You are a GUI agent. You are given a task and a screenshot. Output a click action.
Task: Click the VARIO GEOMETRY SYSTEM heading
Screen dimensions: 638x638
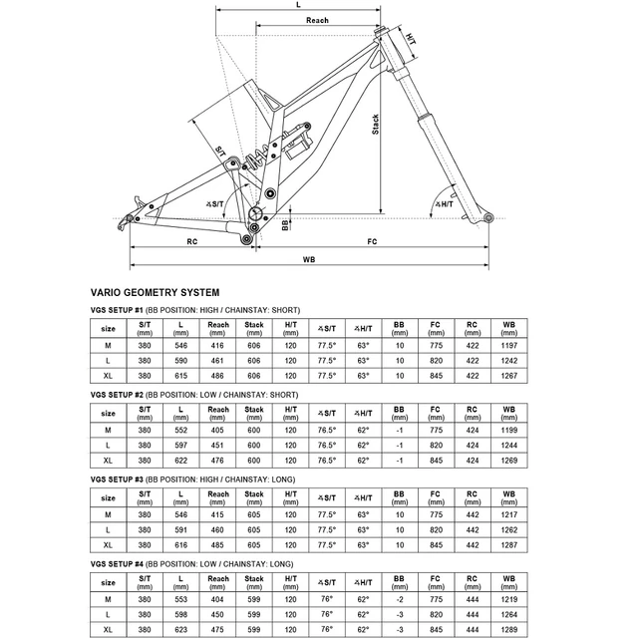pos(155,293)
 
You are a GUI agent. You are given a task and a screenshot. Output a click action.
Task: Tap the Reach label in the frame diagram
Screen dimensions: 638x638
pos(317,21)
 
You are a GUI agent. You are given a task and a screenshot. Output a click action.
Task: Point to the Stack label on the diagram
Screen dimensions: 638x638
pos(376,126)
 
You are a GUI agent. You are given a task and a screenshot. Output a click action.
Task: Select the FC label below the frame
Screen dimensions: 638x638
pos(372,241)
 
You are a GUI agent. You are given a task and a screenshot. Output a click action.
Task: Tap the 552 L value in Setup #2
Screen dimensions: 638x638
pos(180,429)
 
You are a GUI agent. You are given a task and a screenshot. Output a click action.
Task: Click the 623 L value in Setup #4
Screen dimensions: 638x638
pos(180,629)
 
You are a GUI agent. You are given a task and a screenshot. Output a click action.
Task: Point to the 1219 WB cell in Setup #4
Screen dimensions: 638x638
pos(509,598)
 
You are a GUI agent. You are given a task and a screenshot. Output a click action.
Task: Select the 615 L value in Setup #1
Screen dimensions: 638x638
pos(180,375)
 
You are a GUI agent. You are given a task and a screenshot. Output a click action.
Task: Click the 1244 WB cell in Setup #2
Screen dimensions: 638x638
pos(509,444)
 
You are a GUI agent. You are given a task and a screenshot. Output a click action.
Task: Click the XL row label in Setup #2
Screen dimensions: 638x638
pos(107,460)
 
